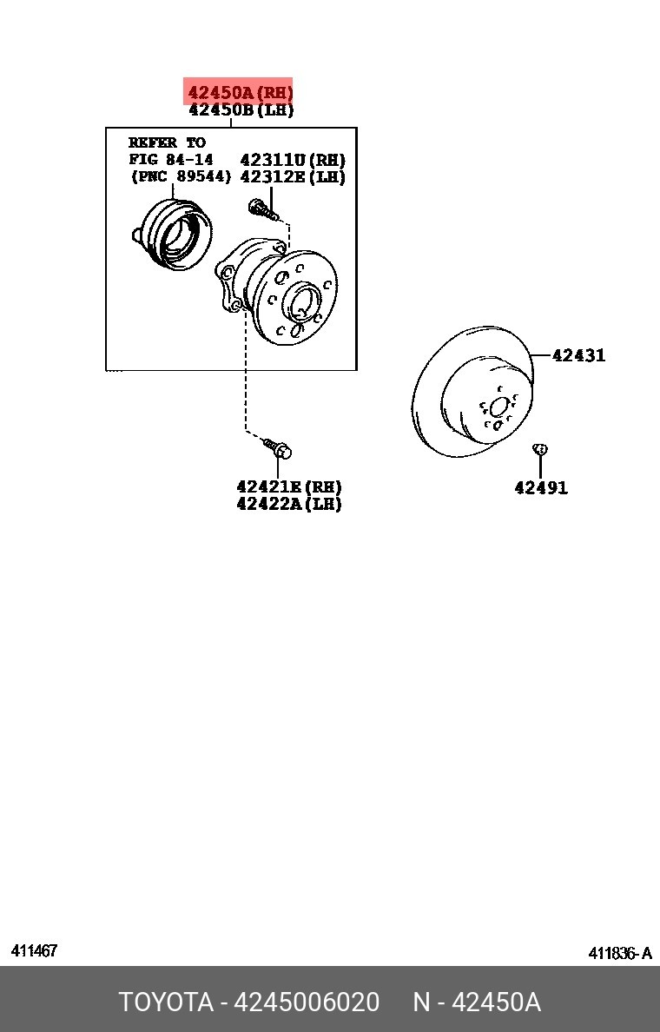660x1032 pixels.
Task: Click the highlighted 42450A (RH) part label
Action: (241, 91)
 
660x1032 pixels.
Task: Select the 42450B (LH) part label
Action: (241, 109)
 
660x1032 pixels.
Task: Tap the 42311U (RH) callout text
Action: (293, 159)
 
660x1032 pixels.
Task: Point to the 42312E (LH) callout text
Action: (293, 176)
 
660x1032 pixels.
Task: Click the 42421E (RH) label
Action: (289, 486)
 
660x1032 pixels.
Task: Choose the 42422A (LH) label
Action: (289, 504)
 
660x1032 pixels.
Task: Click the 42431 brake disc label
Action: (578, 354)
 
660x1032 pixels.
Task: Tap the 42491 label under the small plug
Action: (541, 487)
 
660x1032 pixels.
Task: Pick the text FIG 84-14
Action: (171, 159)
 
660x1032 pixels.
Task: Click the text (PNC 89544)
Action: (181, 176)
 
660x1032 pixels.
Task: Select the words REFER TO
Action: (167, 142)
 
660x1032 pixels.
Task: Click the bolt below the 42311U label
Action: (263, 209)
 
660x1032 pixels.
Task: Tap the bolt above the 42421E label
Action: (278, 447)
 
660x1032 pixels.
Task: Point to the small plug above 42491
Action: (539, 449)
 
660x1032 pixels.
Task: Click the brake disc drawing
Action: (472, 391)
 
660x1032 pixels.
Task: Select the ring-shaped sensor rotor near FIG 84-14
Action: (173, 235)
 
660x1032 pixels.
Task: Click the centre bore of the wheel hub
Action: (301, 304)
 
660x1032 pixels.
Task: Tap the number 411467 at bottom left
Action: (34, 950)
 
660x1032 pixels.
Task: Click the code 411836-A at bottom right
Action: (620, 952)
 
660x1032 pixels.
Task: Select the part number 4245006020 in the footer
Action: (307, 1002)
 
